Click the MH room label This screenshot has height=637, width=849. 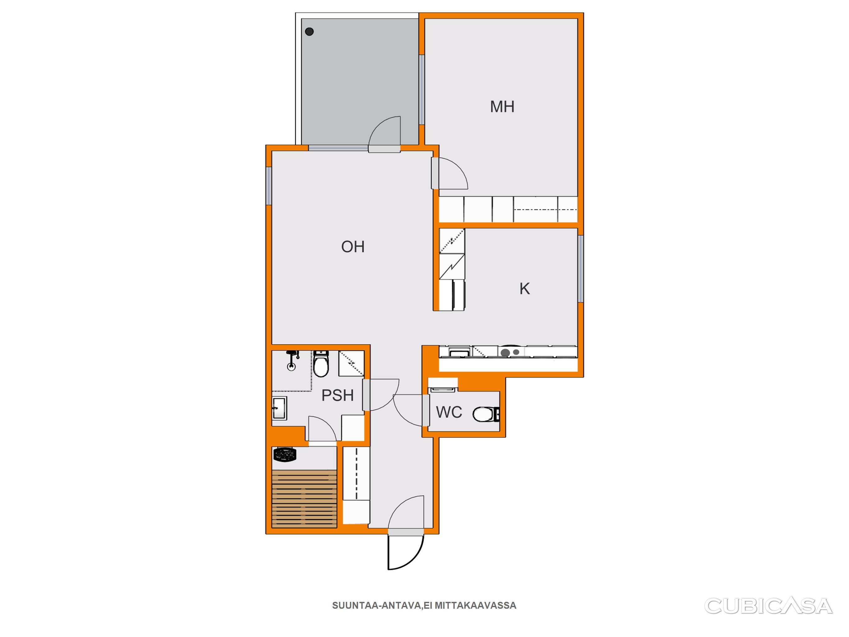pyautogui.click(x=502, y=106)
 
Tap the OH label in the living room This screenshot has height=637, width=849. pyautogui.click(x=353, y=247)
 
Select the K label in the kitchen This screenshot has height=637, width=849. pyautogui.click(x=524, y=289)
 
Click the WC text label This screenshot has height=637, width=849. pyautogui.click(x=449, y=412)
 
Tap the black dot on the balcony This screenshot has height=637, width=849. pyautogui.click(x=309, y=31)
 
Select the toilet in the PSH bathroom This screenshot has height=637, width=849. pyautogui.click(x=321, y=364)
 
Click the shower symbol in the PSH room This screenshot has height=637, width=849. pyautogui.click(x=292, y=360)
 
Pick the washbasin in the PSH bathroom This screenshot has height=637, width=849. pyautogui.click(x=279, y=408)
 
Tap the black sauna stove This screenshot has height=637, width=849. pyautogui.click(x=285, y=455)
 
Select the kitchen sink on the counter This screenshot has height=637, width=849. pyautogui.click(x=459, y=352)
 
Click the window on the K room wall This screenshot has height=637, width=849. pyautogui.click(x=581, y=269)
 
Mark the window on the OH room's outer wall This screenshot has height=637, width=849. pyautogui.click(x=269, y=186)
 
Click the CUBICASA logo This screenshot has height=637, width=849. pyautogui.click(x=768, y=606)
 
